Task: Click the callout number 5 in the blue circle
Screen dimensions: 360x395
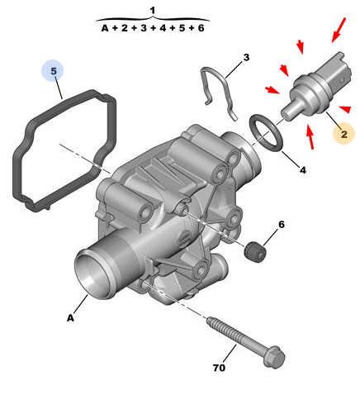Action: [x=54, y=71]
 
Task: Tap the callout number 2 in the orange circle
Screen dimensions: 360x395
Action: [x=344, y=135]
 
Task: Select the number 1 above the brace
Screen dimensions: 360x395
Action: [x=153, y=11]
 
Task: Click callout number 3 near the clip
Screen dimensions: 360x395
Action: [x=246, y=57]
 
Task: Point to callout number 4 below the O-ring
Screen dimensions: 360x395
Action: [x=303, y=170]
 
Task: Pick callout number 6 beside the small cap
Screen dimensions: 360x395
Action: [x=282, y=224]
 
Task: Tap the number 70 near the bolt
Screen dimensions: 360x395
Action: [x=219, y=368]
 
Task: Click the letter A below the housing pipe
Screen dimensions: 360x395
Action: [x=71, y=318]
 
